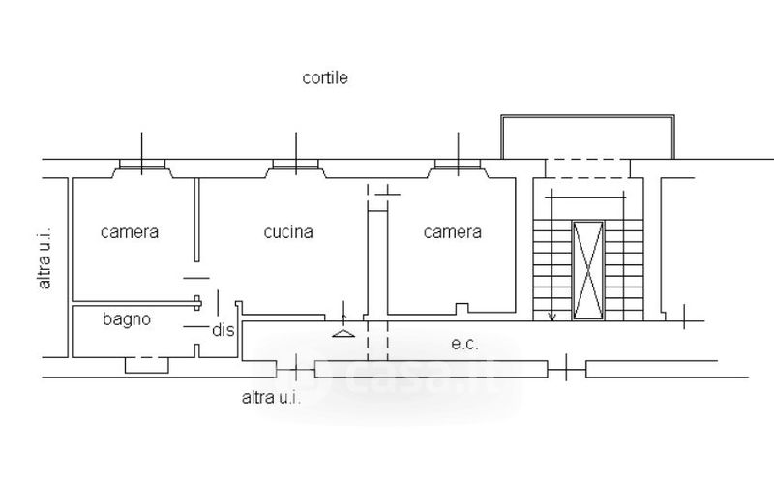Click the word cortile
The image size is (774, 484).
pyautogui.click(x=324, y=78)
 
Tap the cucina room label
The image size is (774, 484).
pyautogui.click(x=288, y=232)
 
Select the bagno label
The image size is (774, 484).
pyautogui.click(x=127, y=318)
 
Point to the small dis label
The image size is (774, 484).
pyautogui.click(x=223, y=329)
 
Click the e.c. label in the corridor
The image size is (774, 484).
pyautogui.click(x=465, y=343)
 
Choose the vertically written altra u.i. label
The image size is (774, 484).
pyautogui.click(x=45, y=254)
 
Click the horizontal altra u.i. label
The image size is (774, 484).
pyautogui.click(x=271, y=397)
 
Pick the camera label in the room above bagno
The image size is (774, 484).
pyautogui.click(x=130, y=232)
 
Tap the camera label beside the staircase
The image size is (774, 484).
pyautogui.click(x=453, y=232)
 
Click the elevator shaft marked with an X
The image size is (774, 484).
pyautogui.click(x=587, y=270)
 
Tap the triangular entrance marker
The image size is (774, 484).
pyautogui.click(x=343, y=333)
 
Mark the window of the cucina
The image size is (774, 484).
pyautogui.click(x=295, y=166)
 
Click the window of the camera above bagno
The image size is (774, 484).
pyautogui.click(x=141, y=166)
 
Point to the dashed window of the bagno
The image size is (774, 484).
pyautogui.click(x=147, y=364)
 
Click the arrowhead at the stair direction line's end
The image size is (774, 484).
pyautogui.click(x=551, y=317)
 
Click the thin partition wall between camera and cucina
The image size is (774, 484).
pyautogui.click(x=196, y=220)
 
